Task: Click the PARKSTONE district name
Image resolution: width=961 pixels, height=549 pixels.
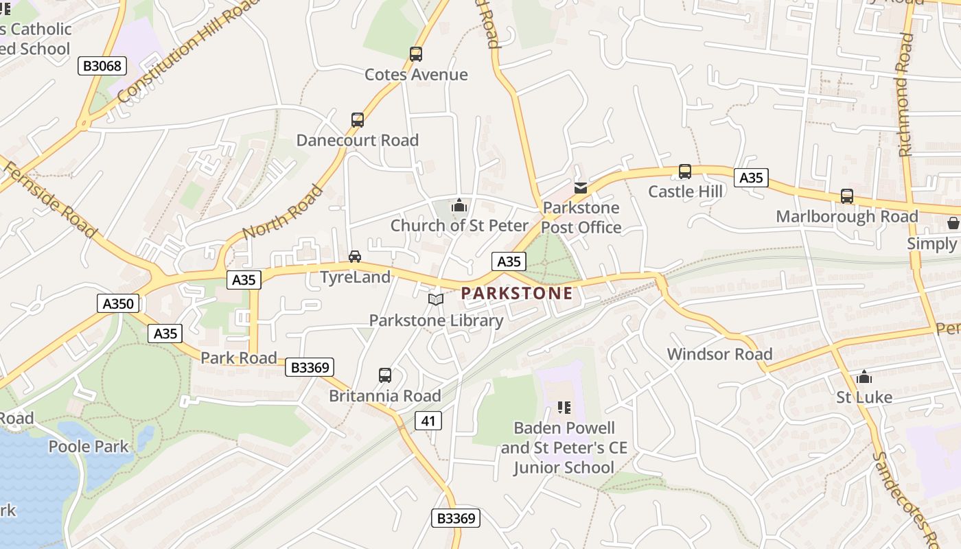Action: click(x=516, y=294)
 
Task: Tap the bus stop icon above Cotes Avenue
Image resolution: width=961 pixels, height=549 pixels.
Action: click(x=415, y=54)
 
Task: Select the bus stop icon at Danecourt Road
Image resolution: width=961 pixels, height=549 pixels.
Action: click(x=358, y=120)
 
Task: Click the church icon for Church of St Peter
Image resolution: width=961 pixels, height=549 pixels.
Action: click(x=459, y=205)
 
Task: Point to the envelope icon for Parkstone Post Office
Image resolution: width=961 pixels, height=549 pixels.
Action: click(x=581, y=188)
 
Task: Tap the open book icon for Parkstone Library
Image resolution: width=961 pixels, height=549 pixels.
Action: click(x=436, y=300)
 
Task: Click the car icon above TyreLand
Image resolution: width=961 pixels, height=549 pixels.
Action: click(x=354, y=257)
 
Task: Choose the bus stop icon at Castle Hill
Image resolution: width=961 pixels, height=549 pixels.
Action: click(x=684, y=172)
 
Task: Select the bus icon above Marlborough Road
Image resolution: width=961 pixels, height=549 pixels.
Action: click(x=847, y=196)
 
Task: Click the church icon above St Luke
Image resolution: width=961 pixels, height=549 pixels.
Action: click(x=864, y=377)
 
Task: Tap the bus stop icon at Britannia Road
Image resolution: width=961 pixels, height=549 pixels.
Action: click(x=385, y=375)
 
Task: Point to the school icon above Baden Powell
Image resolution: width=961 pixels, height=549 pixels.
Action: click(x=564, y=408)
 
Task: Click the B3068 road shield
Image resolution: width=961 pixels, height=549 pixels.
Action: click(x=102, y=66)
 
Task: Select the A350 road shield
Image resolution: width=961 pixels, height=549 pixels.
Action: click(x=118, y=303)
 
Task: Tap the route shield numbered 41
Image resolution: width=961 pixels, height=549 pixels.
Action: click(x=428, y=421)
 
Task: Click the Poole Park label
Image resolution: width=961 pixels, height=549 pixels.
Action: click(x=88, y=447)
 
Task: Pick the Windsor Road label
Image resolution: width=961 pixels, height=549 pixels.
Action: click(x=719, y=354)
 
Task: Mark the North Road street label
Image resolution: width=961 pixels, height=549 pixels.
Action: click(x=282, y=212)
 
